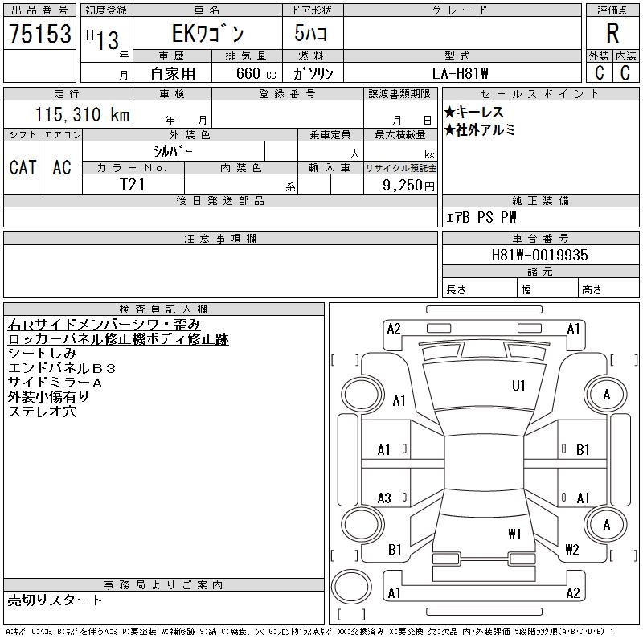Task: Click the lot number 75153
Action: (x=39, y=34)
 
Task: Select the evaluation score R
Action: (x=612, y=34)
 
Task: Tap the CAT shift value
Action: (x=23, y=167)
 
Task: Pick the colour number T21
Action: (x=133, y=184)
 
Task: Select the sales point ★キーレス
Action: (x=474, y=113)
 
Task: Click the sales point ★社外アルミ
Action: (x=480, y=129)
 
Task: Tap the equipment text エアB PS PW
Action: (x=481, y=217)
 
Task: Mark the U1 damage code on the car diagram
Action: (x=518, y=386)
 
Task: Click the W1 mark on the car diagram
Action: (x=514, y=534)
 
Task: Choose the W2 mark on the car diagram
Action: (x=572, y=550)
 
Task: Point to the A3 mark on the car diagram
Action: (x=384, y=498)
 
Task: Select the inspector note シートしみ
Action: (x=42, y=354)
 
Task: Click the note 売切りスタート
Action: (x=55, y=600)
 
